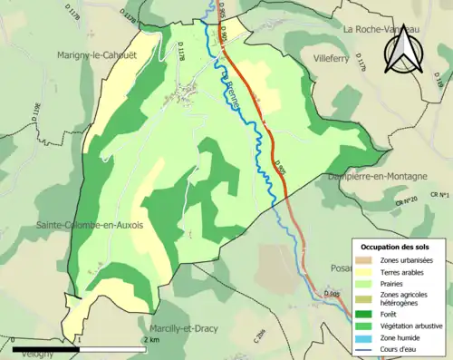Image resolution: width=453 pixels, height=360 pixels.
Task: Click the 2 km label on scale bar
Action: tap(154, 339)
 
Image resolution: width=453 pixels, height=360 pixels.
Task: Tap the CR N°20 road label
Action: tap(406, 200)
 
